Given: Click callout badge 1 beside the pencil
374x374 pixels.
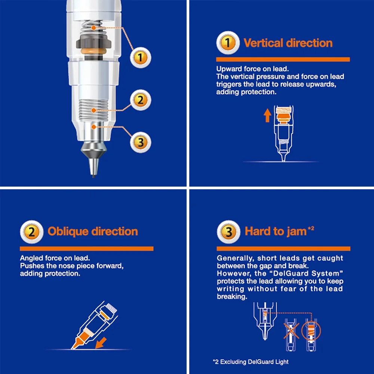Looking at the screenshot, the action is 141,58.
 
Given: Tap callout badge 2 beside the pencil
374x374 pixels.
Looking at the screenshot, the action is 141,100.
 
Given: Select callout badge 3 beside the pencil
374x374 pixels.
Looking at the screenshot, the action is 141,142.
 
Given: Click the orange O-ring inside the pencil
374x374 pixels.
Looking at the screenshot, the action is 93,51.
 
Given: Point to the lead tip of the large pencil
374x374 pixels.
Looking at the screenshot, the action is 93,176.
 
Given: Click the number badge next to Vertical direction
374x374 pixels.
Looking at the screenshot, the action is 228,43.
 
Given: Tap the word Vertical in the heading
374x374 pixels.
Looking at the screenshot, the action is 263,43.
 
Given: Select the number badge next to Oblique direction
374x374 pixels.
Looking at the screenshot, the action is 32,232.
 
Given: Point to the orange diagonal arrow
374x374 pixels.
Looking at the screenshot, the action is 101,343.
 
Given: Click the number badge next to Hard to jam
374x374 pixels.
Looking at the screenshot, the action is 229,232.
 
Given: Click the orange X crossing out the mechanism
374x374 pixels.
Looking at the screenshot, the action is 291,331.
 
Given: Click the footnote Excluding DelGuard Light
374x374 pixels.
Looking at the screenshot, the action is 254,362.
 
